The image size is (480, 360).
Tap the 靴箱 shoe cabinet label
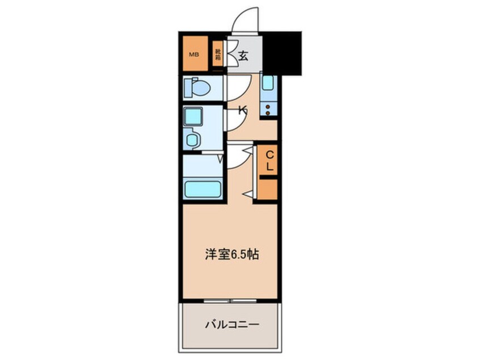coord(217,55)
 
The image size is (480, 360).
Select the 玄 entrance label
coord(243,56)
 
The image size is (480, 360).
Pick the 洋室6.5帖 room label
coord(232,255)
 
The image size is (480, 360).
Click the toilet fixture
coord(196,88)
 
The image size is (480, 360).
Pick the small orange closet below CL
coord(268,189)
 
